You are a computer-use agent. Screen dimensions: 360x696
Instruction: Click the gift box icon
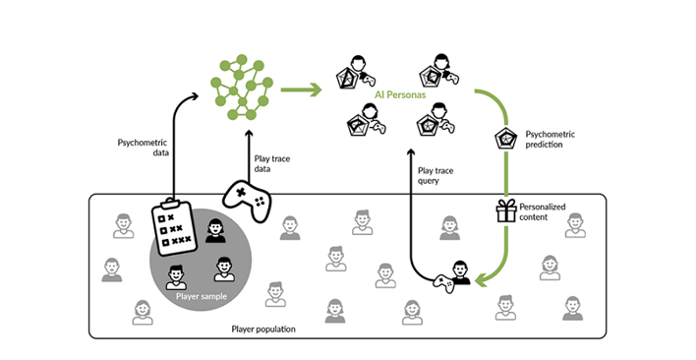[x=505, y=210]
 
